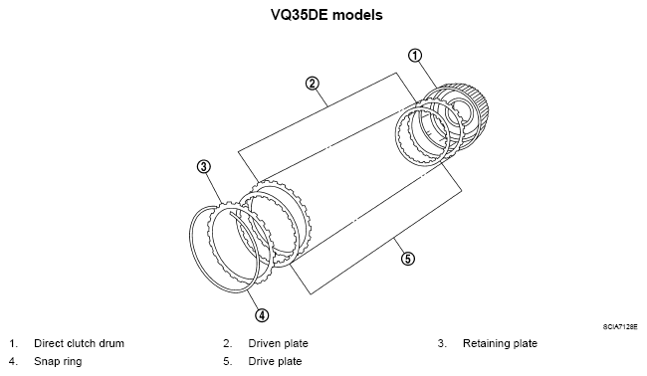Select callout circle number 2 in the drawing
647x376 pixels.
pyautogui.click(x=312, y=84)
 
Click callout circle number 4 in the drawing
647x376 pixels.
pyautogui.click(x=262, y=315)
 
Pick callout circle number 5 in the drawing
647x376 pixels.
pyautogui.click(x=407, y=259)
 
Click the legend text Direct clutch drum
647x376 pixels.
pyautogui.click(x=79, y=343)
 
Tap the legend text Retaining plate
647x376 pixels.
pyautogui.click(x=500, y=343)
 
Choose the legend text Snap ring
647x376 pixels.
pyautogui.click(x=56, y=361)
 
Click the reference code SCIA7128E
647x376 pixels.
pyautogui.click(x=619, y=325)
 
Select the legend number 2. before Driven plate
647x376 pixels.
pyautogui.click(x=228, y=343)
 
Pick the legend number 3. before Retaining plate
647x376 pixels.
pyautogui.click(x=441, y=343)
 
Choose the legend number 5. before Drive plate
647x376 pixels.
pyautogui.click(x=228, y=361)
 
